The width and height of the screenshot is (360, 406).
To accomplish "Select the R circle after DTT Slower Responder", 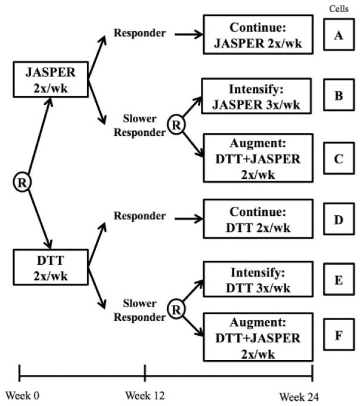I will point(174,310).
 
